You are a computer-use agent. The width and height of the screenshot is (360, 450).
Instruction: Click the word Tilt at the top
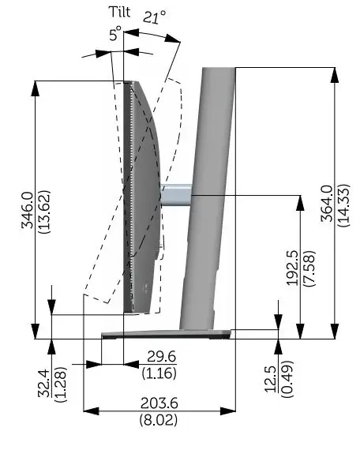pyautogui.click(x=122, y=12)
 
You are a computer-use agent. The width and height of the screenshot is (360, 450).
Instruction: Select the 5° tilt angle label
pyautogui.click(x=115, y=34)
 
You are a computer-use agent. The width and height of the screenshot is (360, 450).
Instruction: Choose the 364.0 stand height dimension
pyautogui.click(x=327, y=205)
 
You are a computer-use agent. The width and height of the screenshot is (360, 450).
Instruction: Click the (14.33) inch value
pyautogui.click(x=344, y=205)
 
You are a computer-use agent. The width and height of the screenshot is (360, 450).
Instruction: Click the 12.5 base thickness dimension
pyautogui.click(x=272, y=378)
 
